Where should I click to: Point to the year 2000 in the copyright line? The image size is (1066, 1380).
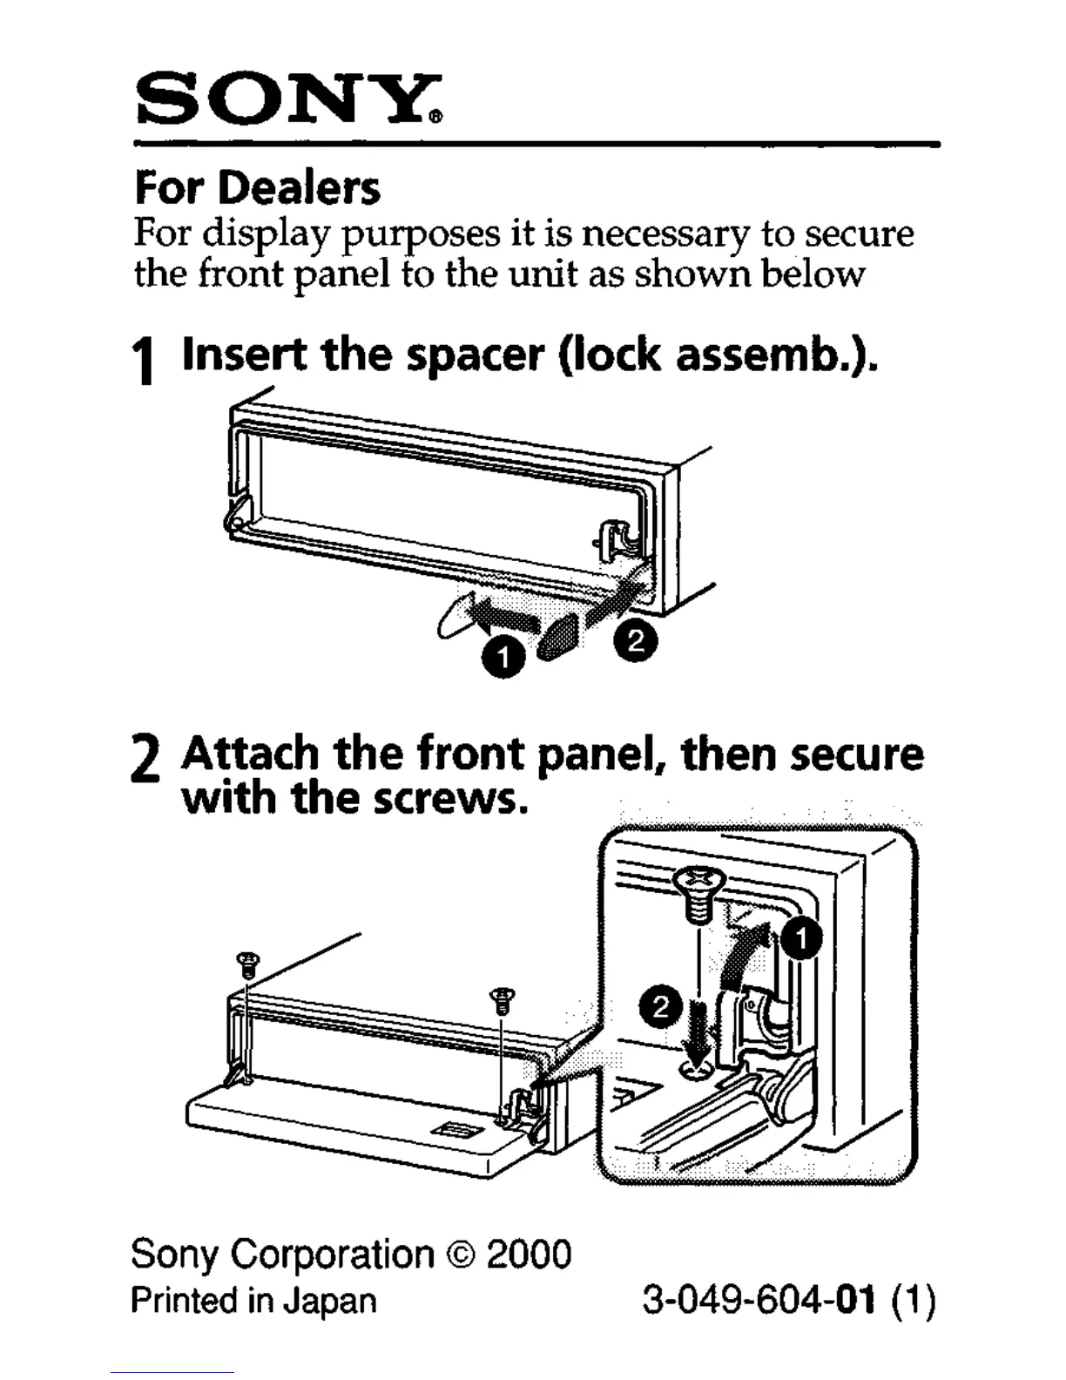pyautogui.click(x=529, y=1255)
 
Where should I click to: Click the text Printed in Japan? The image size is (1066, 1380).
pyautogui.click(x=253, y=1301)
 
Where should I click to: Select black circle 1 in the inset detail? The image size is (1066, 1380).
pyautogui.click(x=800, y=942)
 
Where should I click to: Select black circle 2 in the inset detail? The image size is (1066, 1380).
pyautogui.click(x=659, y=1008)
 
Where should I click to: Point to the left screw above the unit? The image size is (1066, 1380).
pyautogui.click(x=248, y=964)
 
